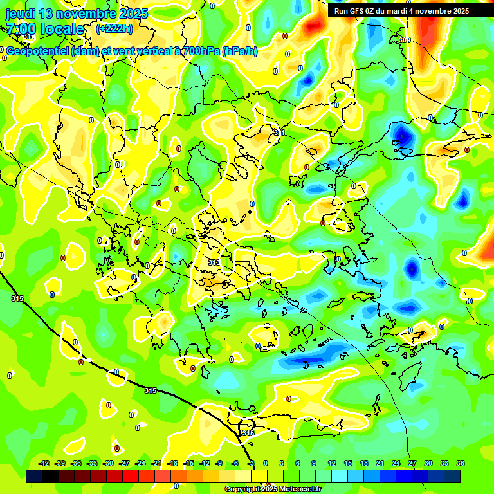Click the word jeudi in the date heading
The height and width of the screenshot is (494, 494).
point(23,14)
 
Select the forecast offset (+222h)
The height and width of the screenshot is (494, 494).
point(114,28)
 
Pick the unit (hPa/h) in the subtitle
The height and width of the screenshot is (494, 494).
point(239,51)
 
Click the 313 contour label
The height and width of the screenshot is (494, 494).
point(214,262)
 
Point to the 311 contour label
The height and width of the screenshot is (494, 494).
point(279,133)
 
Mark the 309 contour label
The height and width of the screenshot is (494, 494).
point(404,40)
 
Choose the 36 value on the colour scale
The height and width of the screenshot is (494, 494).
point(460,463)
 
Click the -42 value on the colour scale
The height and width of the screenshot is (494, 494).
point(44,463)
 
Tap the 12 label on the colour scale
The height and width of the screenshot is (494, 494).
point(331,463)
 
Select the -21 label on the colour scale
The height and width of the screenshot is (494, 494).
point(156,463)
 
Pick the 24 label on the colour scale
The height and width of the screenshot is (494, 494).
point(396,463)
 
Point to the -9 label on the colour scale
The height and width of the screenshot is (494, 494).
point(219,463)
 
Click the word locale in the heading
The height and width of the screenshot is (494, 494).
point(62,29)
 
